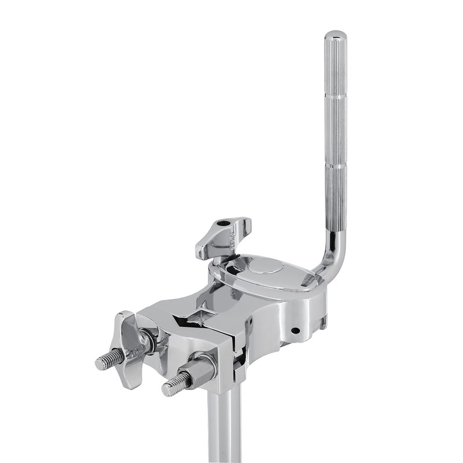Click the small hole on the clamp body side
[x=296, y=330]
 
